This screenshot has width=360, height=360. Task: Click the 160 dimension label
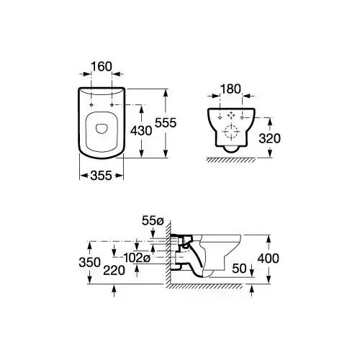[102, 66]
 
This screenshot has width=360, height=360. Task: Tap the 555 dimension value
[166, 123]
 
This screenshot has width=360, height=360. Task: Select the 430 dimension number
[141, 131]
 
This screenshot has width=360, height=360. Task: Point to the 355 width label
[102, 176]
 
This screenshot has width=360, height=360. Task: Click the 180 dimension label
[230, 89]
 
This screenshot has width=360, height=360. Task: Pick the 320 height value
[270, 138]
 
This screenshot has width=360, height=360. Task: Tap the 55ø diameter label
[153, 220]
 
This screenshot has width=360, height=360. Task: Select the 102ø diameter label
[137, 258]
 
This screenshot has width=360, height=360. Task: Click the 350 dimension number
[90, 262]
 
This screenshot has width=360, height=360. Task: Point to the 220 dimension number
[114, 271]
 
